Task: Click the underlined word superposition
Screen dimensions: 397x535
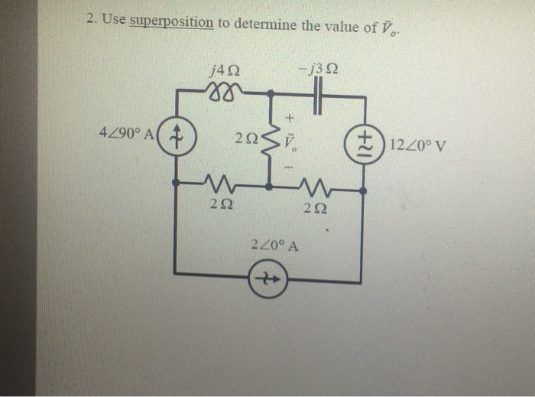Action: coord(171,22)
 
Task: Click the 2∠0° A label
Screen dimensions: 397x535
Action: coord(273,246)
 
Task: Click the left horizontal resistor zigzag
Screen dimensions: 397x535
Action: coord(217,184)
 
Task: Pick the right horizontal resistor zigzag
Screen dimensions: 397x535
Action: coord(314,186)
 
